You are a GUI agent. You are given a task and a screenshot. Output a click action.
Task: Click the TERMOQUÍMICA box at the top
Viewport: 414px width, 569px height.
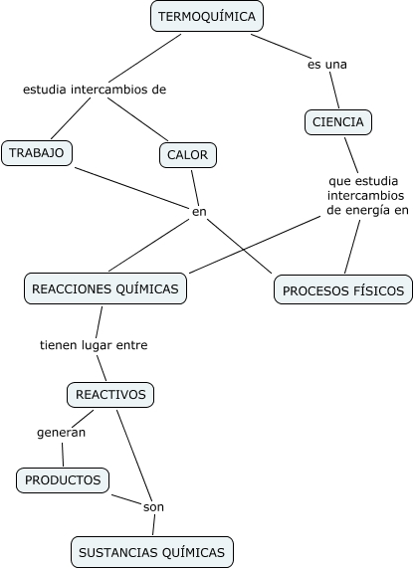207,16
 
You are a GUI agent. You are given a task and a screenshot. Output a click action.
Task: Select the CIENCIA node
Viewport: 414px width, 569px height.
338,122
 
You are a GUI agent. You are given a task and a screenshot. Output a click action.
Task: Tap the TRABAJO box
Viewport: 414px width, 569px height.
37,153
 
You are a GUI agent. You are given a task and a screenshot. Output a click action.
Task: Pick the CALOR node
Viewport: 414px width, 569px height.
188,155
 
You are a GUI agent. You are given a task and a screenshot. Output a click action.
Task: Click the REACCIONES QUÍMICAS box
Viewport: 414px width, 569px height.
105,288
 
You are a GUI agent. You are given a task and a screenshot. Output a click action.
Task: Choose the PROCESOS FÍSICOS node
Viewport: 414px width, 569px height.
343,290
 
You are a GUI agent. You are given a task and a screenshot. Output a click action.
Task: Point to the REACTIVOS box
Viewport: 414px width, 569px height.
110,395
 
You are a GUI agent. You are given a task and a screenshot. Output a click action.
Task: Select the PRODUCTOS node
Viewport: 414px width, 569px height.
63,480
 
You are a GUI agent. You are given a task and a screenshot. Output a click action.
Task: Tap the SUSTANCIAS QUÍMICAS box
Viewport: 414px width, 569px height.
152,552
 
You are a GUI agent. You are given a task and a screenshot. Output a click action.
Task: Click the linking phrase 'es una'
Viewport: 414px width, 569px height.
326,65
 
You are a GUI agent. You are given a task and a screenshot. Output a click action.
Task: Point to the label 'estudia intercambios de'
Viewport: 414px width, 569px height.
95,90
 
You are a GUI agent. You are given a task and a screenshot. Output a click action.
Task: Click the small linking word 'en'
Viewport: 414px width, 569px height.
199,212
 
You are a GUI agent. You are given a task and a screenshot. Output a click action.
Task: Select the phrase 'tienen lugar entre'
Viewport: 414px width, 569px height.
94,345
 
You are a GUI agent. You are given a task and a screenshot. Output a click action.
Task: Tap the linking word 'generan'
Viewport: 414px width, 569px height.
62,433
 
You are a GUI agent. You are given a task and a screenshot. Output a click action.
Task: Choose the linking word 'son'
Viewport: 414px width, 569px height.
153,507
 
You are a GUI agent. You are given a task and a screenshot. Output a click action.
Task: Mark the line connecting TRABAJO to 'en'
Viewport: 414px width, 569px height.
132,188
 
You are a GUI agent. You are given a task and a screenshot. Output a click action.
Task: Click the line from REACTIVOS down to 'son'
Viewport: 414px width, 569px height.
134,456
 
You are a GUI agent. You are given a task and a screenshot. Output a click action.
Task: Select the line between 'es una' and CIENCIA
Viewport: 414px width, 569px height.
334,90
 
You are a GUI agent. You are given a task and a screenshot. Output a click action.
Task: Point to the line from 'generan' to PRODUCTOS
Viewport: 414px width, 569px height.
63,455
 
